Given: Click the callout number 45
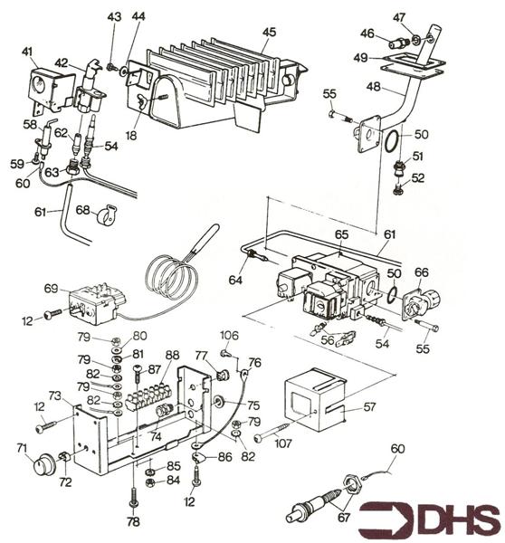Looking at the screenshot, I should (268, 33).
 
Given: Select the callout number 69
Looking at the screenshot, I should (52, 290).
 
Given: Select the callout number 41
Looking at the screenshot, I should (27, 52).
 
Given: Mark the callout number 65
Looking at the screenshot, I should (341, 234).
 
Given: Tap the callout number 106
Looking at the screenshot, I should (230, 336).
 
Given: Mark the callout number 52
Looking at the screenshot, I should (418, 178).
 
